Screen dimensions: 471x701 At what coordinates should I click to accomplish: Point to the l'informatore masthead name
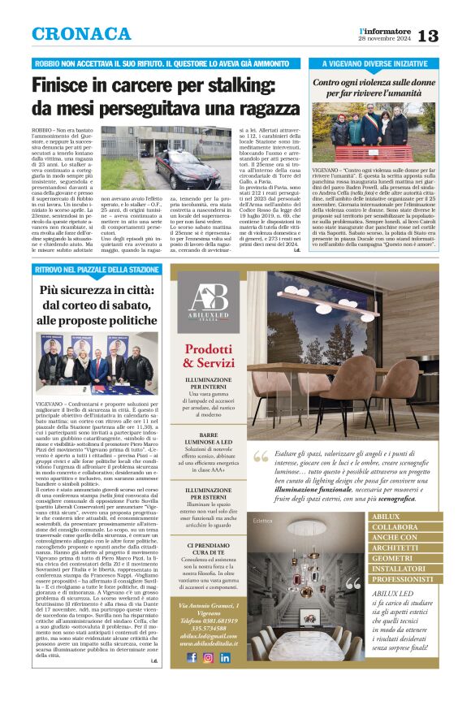[x=387, y=30]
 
